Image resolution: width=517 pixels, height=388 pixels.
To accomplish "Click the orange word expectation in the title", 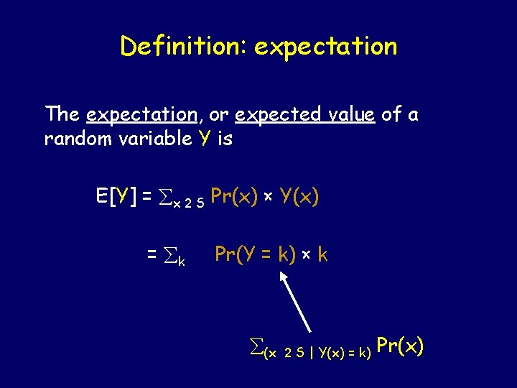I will pyautogui.click(x=325, y=47).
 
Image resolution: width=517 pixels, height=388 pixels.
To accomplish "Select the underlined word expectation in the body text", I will pyautogui.click(x=141, y=114).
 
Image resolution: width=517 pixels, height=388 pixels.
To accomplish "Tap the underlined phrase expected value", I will pyautogui.click(x=305, y=115).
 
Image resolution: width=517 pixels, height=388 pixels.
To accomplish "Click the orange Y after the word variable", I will pyautogui.click(x=206, y=139).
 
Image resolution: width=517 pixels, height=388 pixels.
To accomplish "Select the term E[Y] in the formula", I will pyautogui.click(x=116, y=195).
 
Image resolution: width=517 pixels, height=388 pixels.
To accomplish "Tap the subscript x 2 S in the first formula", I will pyautogui.click(x=189, y=203).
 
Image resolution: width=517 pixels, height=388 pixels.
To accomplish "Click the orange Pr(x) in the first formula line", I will pyautogui.click(x=235, y=195).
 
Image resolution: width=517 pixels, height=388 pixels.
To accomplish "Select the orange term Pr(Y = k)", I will pyautogui.click(x=255, y=254).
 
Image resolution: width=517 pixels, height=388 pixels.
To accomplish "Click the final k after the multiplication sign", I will pyautogui.click(x=322, y=254).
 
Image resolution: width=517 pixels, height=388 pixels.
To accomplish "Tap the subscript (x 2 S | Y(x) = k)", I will pyautogui.click(x=317, y=354).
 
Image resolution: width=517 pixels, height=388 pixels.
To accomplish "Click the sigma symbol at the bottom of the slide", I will pyautogui.click(x=254, y=348).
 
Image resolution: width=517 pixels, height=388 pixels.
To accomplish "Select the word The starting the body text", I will pyautogui.click(x=62, y=114).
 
